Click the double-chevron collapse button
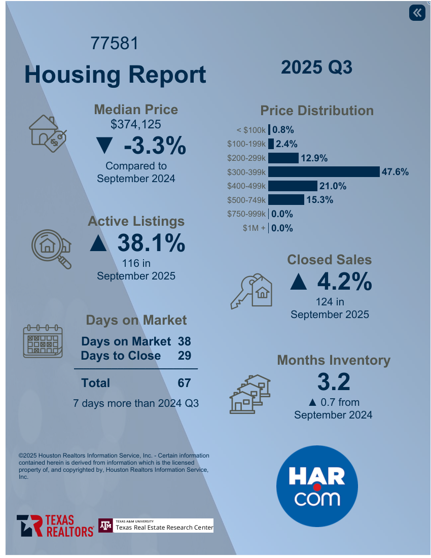(x=417, y=13)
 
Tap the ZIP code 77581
(x=115, y=44)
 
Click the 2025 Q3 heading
(x=316, y=67)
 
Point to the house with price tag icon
(x=47, y=133)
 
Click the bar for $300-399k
(x=324, y=172)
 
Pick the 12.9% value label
(x=314, y=158)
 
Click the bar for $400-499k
(x=293, y=186)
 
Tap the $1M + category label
(x=254, y=228)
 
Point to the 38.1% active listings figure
(x=151, y=243)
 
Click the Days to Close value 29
(x=184, y=356)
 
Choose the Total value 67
(x=184, y=382)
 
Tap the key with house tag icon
(x=252, y=291)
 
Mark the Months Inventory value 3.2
(x=334, y=381)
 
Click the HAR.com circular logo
(x=317, y=486)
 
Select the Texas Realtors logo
(x=55, y=526)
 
